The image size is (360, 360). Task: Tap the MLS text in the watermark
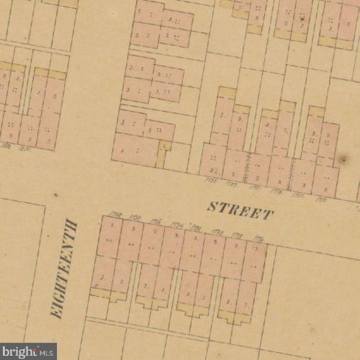click(x=48, y=353)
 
